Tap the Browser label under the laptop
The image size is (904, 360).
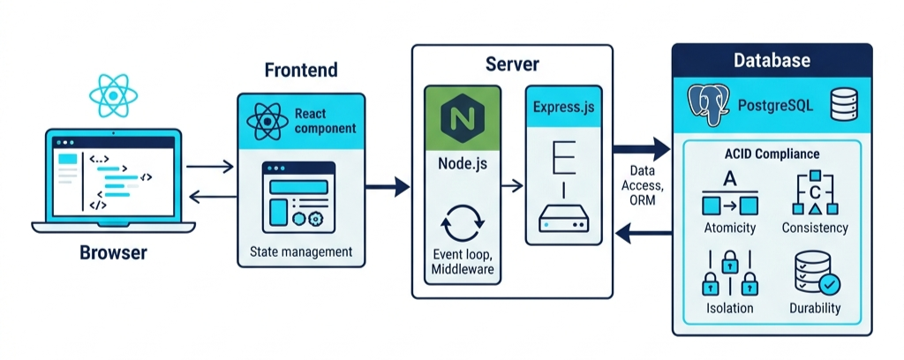pos(113,253)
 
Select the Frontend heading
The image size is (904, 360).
pos(301,70)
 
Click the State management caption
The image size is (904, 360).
pos(301,252)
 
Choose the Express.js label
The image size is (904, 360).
pos(564,107)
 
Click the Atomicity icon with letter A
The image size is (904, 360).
pos(730,195)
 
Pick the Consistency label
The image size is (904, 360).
pos(815,228)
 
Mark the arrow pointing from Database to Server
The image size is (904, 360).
pos(643,233)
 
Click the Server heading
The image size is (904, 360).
pos(512,64)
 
